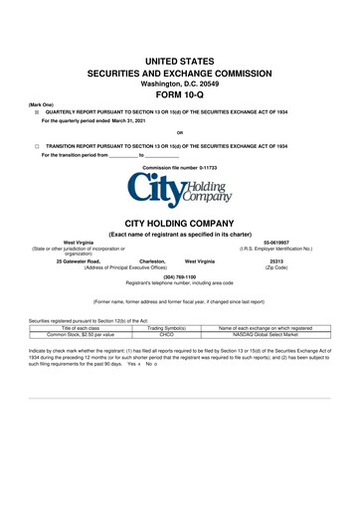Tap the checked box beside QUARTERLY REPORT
pos(37,113)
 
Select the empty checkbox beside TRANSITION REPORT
pos(37,146)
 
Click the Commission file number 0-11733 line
pos(180,168)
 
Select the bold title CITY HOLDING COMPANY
pos(180,226)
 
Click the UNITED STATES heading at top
pos(180,62)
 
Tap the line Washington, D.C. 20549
pos(180,85)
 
